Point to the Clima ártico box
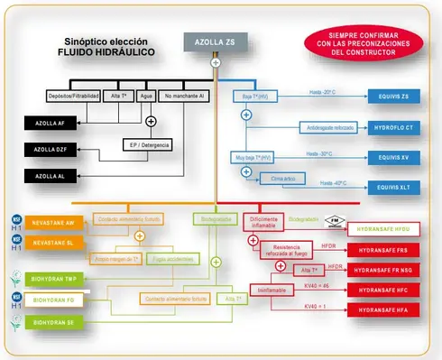pos(282,180)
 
